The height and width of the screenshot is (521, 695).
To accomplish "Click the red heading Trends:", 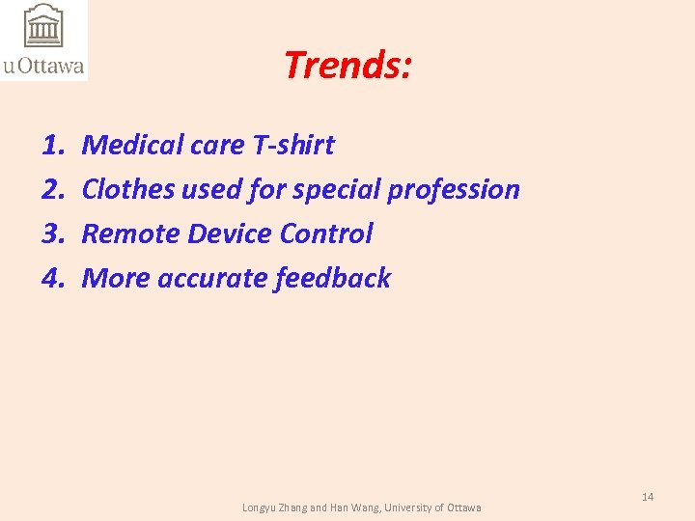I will [x=348, y=66].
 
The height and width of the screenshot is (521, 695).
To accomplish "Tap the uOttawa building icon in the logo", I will [x=42, y=26].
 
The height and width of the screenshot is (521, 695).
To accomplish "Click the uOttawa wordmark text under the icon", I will [x=43, y=67].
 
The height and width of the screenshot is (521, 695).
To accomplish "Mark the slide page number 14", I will [x=648, y=496].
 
